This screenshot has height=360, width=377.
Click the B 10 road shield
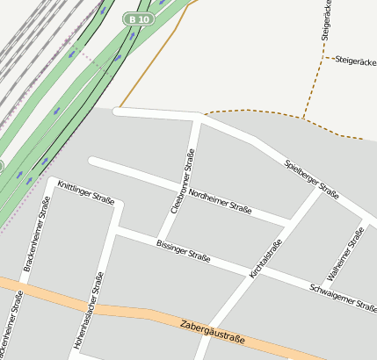[x=139, y=18]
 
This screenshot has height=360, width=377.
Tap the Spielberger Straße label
[x=312, y=178]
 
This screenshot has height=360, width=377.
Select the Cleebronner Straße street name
[x=181, y=182]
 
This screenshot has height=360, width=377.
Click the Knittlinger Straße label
[x=85, y=192]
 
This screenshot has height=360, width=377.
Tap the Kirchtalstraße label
[x=265, y=260]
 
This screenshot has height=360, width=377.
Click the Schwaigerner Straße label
[x=343, y=296]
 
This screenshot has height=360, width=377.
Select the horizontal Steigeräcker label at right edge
[x=355, y=60]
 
